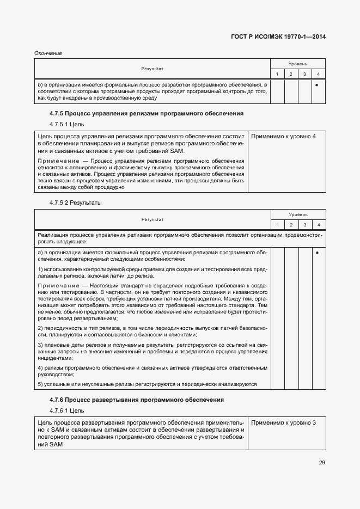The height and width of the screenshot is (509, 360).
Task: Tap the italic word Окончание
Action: click(x=48, y=53)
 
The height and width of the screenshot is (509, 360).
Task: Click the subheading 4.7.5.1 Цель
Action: click(x=67, y=124)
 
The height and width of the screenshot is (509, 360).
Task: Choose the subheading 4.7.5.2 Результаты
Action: click(x=76, y=203)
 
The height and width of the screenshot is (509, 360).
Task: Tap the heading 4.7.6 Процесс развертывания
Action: click(x=137, y=400)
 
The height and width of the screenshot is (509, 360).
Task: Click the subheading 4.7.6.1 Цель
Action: click(x=67, y=410)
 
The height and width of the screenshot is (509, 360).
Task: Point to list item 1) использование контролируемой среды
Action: click(x=152, y=273)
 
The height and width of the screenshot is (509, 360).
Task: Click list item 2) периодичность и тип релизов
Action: click(x=152, y=331)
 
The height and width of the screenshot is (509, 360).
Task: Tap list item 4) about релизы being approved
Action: click(x=152, y=371)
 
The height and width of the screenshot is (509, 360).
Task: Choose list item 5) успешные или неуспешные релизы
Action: click(x=147, y=384)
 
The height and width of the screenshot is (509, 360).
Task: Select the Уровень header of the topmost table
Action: click(x=297, y=64)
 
